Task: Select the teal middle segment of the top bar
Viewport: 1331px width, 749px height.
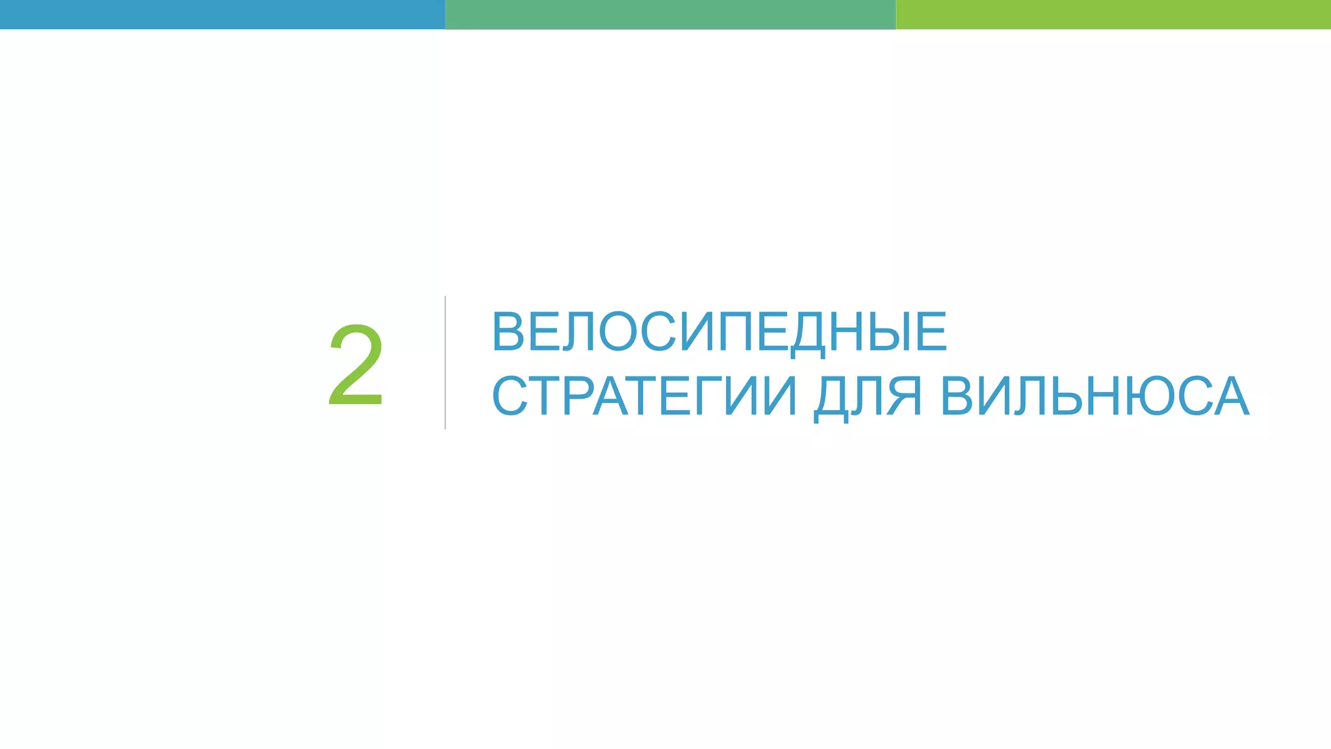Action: point(670,14)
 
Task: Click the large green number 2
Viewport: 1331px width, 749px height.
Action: point(356,365)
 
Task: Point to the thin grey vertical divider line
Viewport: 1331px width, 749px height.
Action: point(445,363)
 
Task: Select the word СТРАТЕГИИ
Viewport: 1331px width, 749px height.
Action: point(643,396)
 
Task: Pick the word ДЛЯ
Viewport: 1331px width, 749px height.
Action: point(868,396)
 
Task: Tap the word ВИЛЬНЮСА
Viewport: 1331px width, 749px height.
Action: point(1094,396)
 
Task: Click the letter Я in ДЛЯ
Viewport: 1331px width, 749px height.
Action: point(904,396)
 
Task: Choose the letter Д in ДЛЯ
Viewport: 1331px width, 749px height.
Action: point(831,396)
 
